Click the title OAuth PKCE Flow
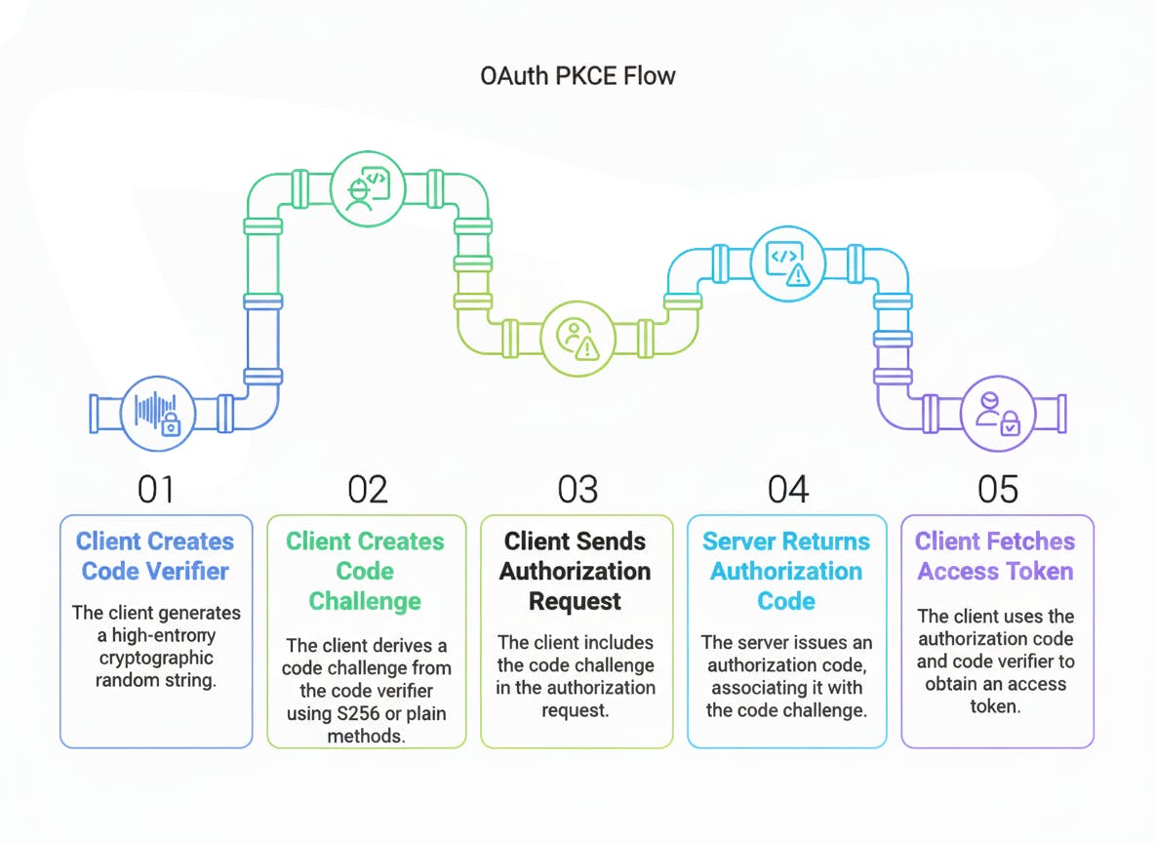[577, 75]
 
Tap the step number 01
[156, 489]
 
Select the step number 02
[367, 489]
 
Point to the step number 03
[577, 489]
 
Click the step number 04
[787, 489]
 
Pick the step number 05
[997, 489]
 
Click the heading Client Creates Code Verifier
[156, 556]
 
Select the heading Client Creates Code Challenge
[366, 571]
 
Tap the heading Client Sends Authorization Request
[576, 571]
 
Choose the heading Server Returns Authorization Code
[786, 571]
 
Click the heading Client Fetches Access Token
[996, 556]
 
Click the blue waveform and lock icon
[156, 413]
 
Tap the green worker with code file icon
[366, 188]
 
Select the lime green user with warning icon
[577, 338]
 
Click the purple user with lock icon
[997, 413]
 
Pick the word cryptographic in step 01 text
[156, 658]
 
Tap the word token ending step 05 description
[996, 706]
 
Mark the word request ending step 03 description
[576, 711]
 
